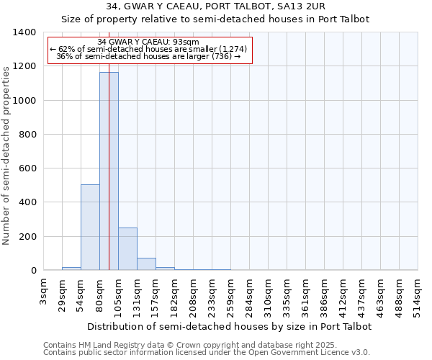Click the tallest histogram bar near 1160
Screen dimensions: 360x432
(109, 171)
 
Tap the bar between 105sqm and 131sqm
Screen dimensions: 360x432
(127, 249)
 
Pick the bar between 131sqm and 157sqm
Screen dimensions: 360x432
(146, 264)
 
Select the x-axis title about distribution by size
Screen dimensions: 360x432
(229, 326)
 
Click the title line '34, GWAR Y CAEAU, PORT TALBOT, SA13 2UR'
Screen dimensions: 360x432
(215, 6)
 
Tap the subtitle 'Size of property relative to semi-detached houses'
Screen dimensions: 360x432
(215, 19)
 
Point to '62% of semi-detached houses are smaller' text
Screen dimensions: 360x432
(148, 49)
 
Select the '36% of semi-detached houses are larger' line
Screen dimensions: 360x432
(148, 56)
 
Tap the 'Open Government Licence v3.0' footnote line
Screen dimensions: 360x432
(206, 353)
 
